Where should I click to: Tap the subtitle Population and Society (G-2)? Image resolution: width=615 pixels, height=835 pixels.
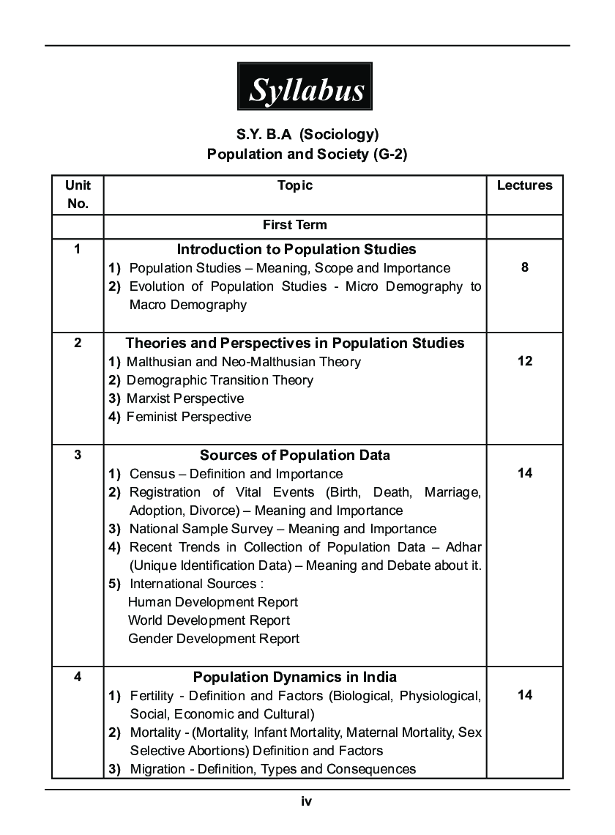coord(307,154)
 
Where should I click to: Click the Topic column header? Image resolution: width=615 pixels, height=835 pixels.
coord(295,185)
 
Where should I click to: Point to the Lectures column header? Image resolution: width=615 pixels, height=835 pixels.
coord(524,185)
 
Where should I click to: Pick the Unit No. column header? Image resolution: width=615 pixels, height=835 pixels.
coord(78,194)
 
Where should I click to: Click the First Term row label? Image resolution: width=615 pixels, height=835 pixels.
coord(295,225)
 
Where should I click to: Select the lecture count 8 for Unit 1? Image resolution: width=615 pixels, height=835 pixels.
coord(524,267)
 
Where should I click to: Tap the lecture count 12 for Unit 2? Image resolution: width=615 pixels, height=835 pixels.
coord(524,360)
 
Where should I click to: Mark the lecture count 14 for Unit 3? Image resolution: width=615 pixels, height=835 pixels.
coord(524,473)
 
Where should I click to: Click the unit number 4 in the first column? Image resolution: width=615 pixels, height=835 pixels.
coord(78,677)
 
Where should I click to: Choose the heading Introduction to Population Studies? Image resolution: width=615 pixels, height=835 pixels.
coord(297,249)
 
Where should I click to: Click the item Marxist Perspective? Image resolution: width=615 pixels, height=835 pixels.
coord(185,398)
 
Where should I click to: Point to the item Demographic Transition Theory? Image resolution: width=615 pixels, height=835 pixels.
coord(220,380)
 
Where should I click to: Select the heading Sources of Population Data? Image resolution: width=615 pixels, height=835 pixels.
coord(295,455)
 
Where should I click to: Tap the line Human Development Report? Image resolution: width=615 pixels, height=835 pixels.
coord(213,602)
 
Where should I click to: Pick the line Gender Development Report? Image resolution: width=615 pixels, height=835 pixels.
coord(214,639)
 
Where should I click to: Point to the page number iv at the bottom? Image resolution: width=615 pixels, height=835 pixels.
coord(307,802)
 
